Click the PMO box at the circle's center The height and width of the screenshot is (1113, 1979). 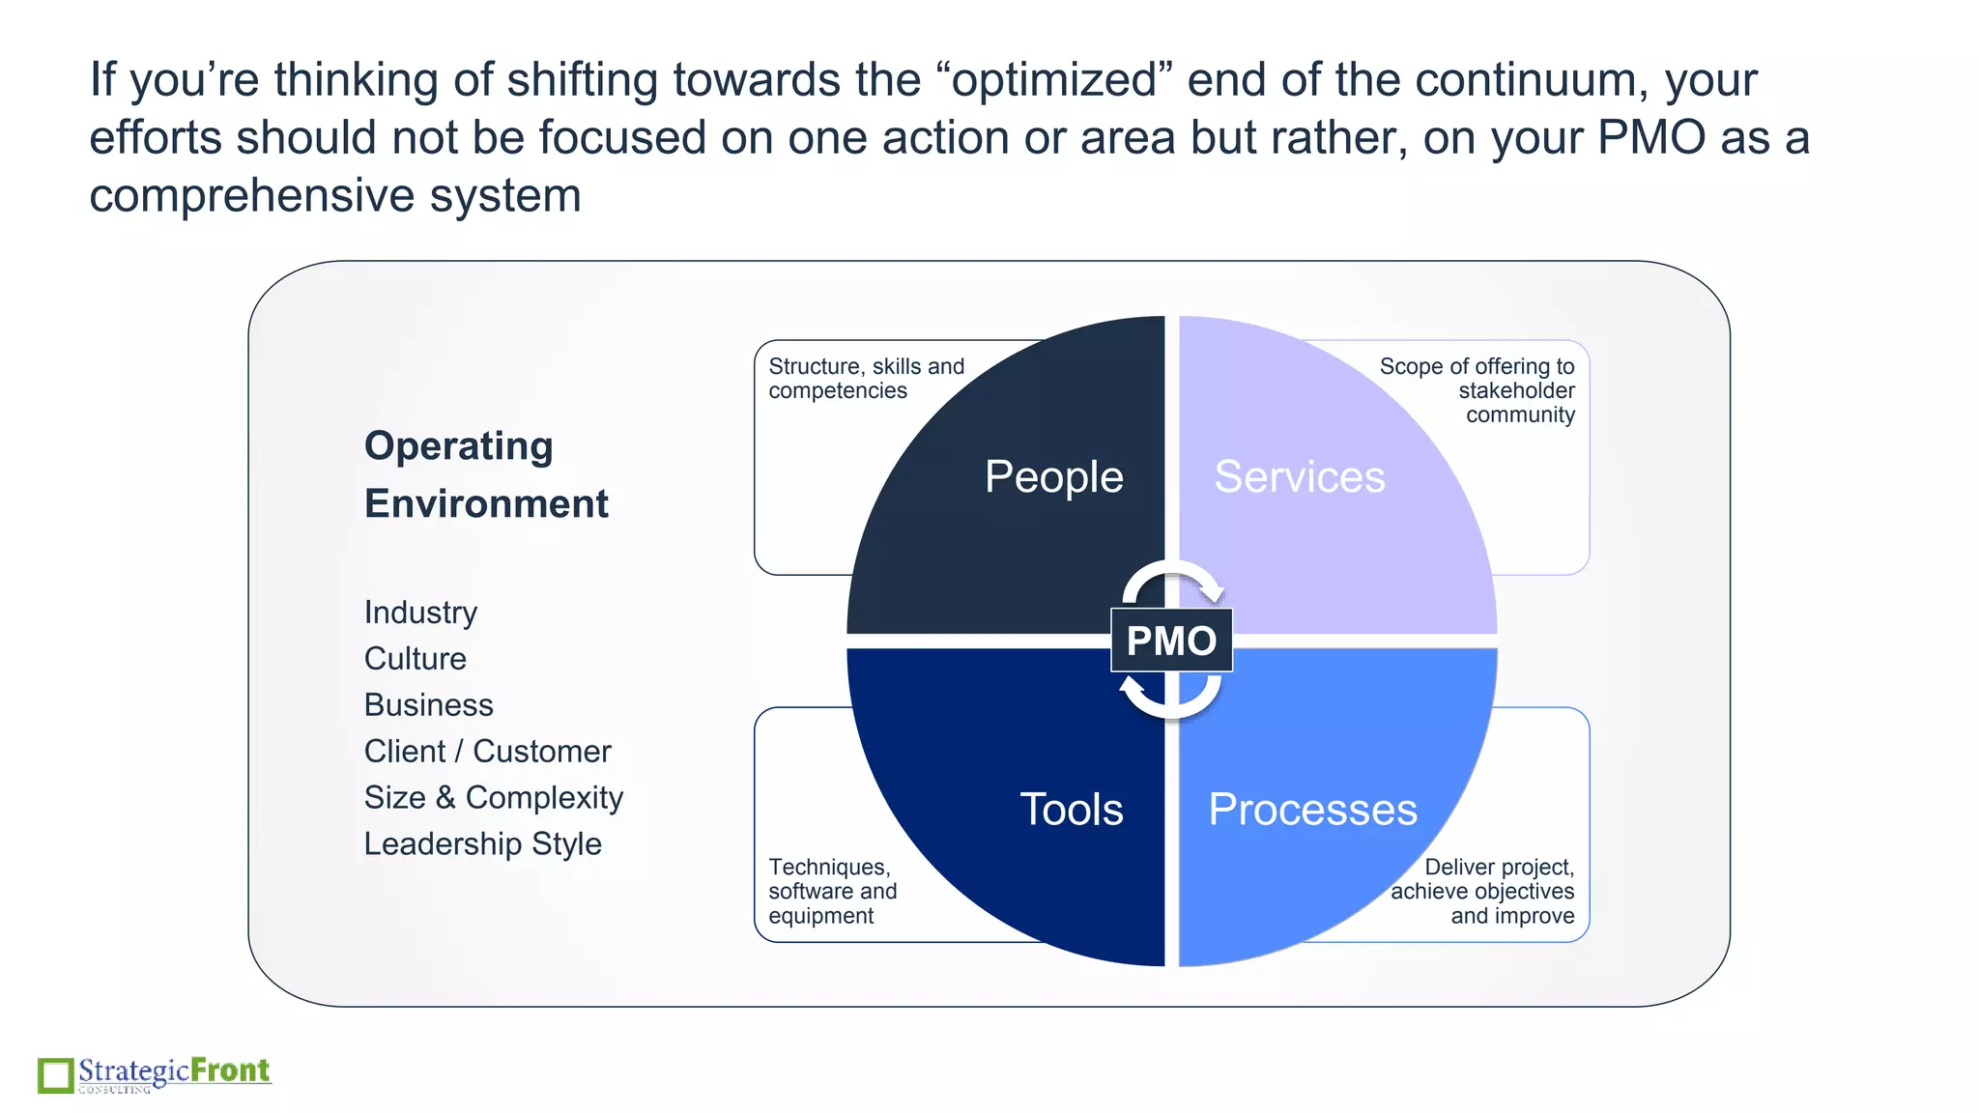tap(1171, 641)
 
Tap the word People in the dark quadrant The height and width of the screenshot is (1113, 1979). tap(1053, 477)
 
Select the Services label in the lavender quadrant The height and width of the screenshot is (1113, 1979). tap(1299, 477)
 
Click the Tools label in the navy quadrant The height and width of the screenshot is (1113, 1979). tap(1071, 810)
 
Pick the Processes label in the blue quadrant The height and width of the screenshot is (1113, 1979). tap(1312, 810)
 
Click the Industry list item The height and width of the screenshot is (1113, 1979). tap(420, 613)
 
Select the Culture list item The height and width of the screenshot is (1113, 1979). tap(415, 659)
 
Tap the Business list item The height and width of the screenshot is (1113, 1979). tap(428, 705)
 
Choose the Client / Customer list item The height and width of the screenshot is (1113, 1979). tap(487, 752)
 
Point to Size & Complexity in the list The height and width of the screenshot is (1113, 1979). tap(493, 798)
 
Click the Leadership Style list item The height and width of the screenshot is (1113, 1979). tap(482, 844)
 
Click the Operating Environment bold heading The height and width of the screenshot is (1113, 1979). tap(485, 474)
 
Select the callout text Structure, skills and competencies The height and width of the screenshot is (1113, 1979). tap(866, 379)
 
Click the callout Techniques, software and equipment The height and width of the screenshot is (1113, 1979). tap(832, 891)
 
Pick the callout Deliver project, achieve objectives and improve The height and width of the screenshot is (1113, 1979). tap(1482, 891)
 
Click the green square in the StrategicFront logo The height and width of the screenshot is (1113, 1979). tap(55, 1075)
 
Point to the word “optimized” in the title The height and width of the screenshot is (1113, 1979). tap(1054, 80)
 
